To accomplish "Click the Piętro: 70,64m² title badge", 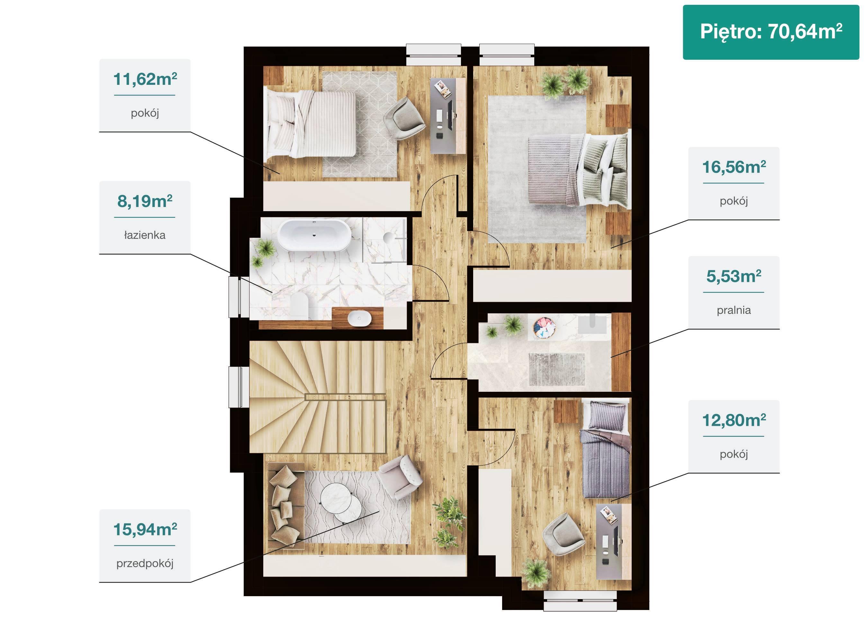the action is tap(771, 32).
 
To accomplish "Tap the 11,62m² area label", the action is tap(145, 79).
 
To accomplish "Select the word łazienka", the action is tap(145, 235).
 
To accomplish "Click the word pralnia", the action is tap(734, 310).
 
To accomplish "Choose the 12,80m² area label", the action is tap(734, 421).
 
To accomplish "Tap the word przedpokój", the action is tap(145, 563).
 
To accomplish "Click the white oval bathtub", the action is tap(315, 235).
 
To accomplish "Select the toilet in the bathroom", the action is tap(299, 307).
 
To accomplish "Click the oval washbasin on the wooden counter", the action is tap(359, 318).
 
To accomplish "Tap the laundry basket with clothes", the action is tap(544, 328).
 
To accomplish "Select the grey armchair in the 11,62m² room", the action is tap(404, 118).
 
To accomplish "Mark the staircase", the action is tap(317, 397).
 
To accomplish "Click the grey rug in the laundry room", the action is tap(557, 369).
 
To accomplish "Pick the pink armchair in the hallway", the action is tap(400, 477).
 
